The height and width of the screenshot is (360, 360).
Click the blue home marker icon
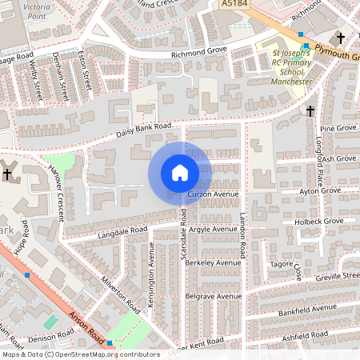coord(180,173)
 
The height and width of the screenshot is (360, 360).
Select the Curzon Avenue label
coord(214,194)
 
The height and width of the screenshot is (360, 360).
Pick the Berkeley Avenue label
coord(214,262)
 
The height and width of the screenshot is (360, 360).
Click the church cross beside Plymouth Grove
coord(341,38)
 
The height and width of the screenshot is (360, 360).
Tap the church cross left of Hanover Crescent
coord(8,174)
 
